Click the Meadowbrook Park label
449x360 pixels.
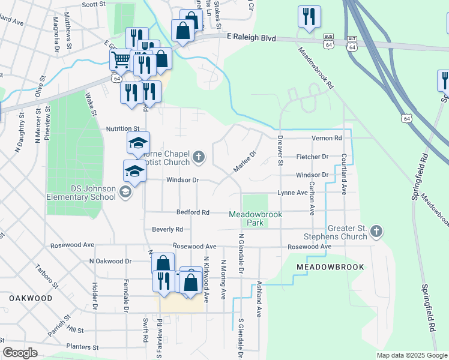pos(246,218)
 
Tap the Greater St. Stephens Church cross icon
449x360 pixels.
pos(376,231)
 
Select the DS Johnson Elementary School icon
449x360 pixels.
pos(125,192)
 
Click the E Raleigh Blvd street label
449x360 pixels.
pos(251,38)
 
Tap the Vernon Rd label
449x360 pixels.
pos(327,138)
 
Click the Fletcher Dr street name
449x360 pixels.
pos(312,157)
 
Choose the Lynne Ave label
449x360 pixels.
pos(292,193)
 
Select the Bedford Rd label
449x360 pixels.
pos(193,212)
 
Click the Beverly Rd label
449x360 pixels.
pos(167,229)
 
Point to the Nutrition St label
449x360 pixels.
pos(122,128)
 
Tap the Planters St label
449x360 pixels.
pos(82,347)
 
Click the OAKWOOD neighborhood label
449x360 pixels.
pos(31,298)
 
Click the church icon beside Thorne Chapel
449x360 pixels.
pos(199,158)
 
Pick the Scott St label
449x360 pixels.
pos(94,4)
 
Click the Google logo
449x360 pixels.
pos(20,353)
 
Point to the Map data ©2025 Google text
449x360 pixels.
pos(411,355)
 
